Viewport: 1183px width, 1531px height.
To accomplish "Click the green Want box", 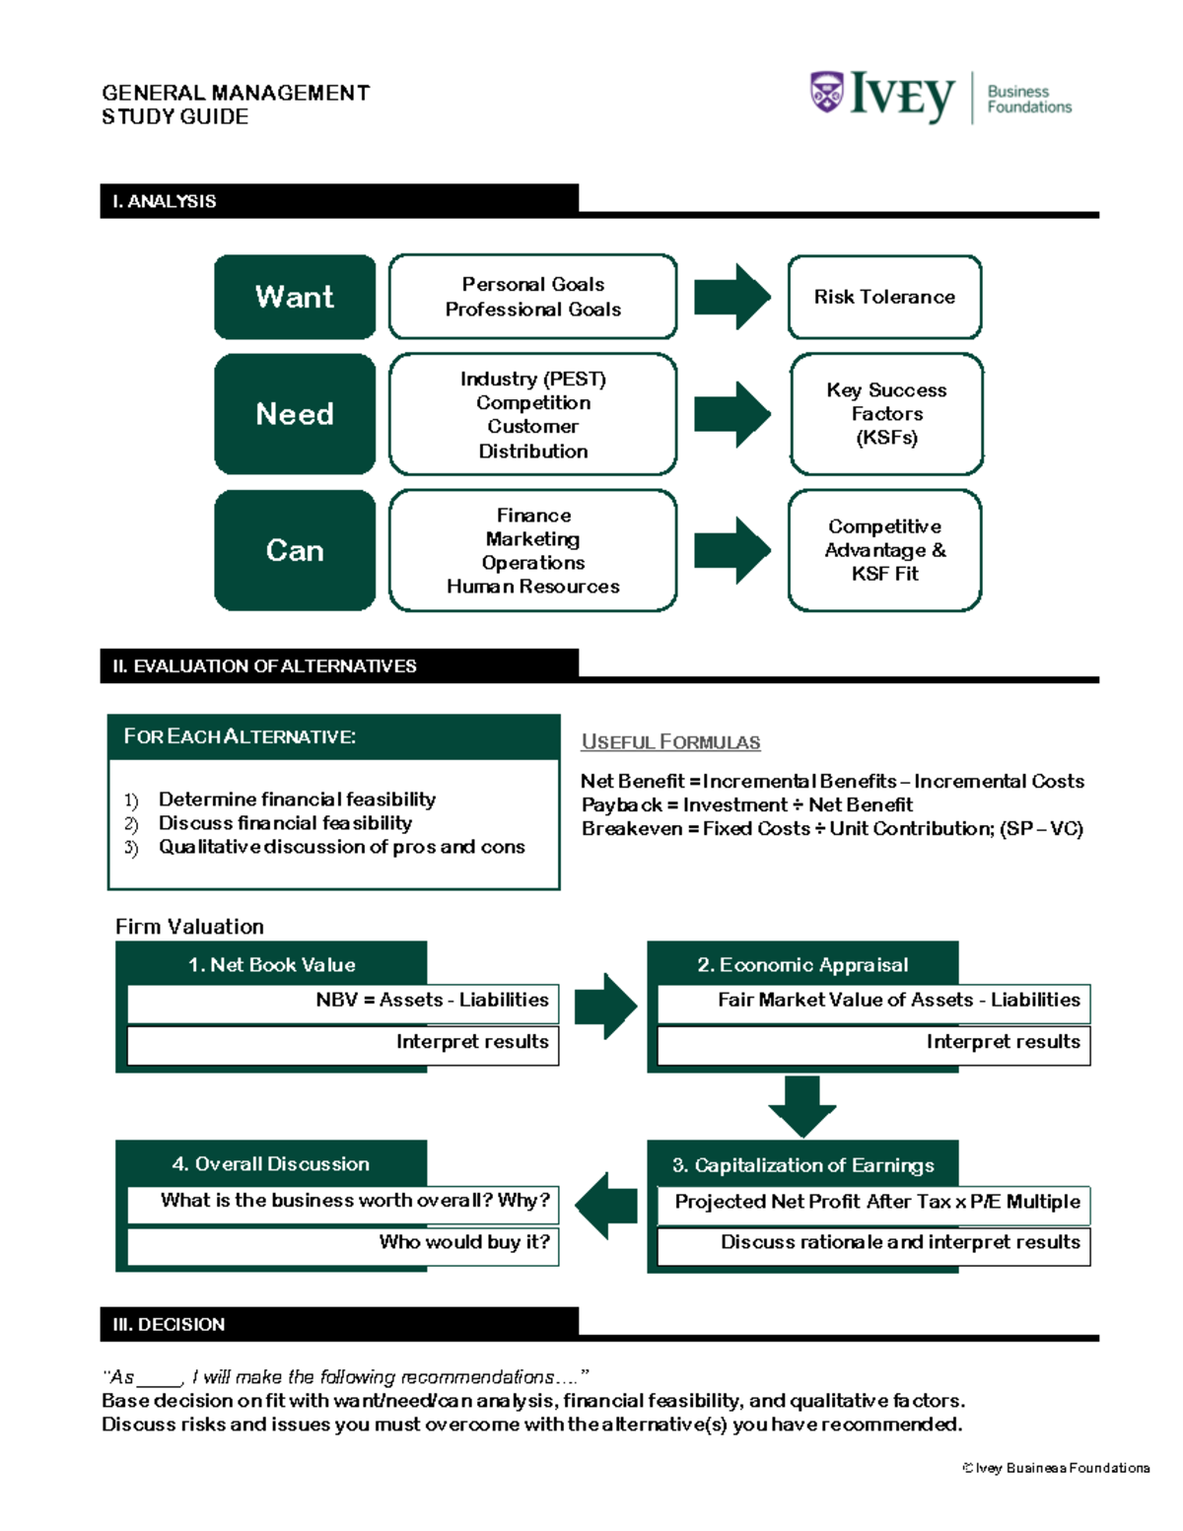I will tap(295, 297).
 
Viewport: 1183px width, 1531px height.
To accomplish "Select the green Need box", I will tap(295, 414).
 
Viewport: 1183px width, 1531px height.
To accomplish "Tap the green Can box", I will tap(295, 550).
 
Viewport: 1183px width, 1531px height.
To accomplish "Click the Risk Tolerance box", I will tap(884, 297).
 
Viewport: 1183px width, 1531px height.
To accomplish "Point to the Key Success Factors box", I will tap(886, 414).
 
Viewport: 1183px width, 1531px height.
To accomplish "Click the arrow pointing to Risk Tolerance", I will tap(731, 297).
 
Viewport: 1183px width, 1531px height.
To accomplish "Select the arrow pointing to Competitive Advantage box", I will tap(731, 550).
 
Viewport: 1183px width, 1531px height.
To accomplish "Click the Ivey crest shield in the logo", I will tap(826, 93).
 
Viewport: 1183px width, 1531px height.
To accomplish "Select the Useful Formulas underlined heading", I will tap(670, 742).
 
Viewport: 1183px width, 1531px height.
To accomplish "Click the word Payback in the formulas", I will tap(621, 805).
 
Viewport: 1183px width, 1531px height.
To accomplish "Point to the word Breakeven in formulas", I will tap(632, 829).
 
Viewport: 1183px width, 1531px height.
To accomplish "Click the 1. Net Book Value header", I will tap(271, 964).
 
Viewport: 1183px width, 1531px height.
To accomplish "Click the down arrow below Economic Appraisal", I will tap(801, 1106).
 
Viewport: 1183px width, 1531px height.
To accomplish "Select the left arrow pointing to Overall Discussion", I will tap(606, 1205).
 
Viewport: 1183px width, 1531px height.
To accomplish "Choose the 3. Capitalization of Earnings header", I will tap(802, 1165).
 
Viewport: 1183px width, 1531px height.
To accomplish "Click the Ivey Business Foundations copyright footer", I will tap(1055, 1468).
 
